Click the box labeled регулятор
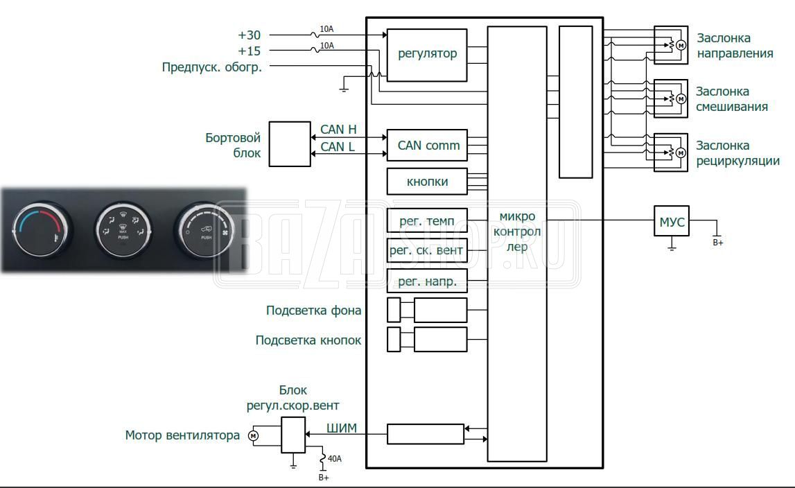click(427, 55)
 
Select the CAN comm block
click(427, 146)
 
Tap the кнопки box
click(427, 182)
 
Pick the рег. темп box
click(427, 221)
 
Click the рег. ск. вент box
click(427, 250)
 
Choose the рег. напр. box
click(427, 281)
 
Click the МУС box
click(672, 221)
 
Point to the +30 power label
click(249, 35)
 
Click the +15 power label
click(249, 51)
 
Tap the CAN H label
click(338, 130)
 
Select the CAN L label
click(338, 146)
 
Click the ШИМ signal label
click(341, 428)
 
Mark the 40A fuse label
click(335, 459)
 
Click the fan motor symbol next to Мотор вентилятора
click(253, 435)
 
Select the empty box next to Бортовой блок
click(289, 144)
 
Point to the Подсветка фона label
click(313, 311)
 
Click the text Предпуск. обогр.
click(211, 67)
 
